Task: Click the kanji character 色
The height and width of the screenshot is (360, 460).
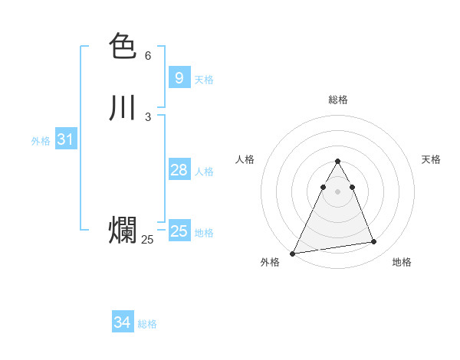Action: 123,47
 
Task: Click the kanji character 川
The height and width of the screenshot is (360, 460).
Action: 123,108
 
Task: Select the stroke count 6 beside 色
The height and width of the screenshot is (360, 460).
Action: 148,56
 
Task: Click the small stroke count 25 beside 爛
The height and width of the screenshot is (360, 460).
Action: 147,240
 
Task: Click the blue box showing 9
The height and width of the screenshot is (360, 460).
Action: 179,78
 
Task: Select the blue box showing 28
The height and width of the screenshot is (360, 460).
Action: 179,170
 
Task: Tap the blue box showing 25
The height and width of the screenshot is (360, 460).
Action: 179,231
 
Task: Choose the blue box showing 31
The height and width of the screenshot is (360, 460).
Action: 65,139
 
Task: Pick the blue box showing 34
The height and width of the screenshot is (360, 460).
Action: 122,322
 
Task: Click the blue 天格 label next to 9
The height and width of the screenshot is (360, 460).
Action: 204,80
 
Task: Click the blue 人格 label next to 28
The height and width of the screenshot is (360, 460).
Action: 204,172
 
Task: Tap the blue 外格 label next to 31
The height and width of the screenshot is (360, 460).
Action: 41,141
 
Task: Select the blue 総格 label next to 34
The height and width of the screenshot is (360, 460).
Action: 147,324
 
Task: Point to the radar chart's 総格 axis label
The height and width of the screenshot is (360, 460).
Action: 337,100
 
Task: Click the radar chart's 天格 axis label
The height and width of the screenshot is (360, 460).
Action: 432,159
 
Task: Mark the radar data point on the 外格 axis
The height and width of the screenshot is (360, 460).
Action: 293,253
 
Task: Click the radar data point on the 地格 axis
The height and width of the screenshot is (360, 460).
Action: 374,242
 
